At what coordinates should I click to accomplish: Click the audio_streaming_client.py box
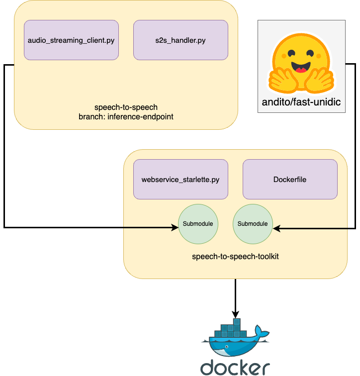71,40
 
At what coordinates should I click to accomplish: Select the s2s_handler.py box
180,40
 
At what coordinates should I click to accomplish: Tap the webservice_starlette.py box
180,179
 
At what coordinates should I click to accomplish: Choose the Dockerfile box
290,179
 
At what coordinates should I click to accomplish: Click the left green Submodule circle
198,224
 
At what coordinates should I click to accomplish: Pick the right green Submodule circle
253,224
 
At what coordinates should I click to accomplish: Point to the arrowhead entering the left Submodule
175,228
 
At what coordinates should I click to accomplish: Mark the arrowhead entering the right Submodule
276,229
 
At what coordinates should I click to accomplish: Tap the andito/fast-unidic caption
301,103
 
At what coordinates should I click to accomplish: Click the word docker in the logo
235,367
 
